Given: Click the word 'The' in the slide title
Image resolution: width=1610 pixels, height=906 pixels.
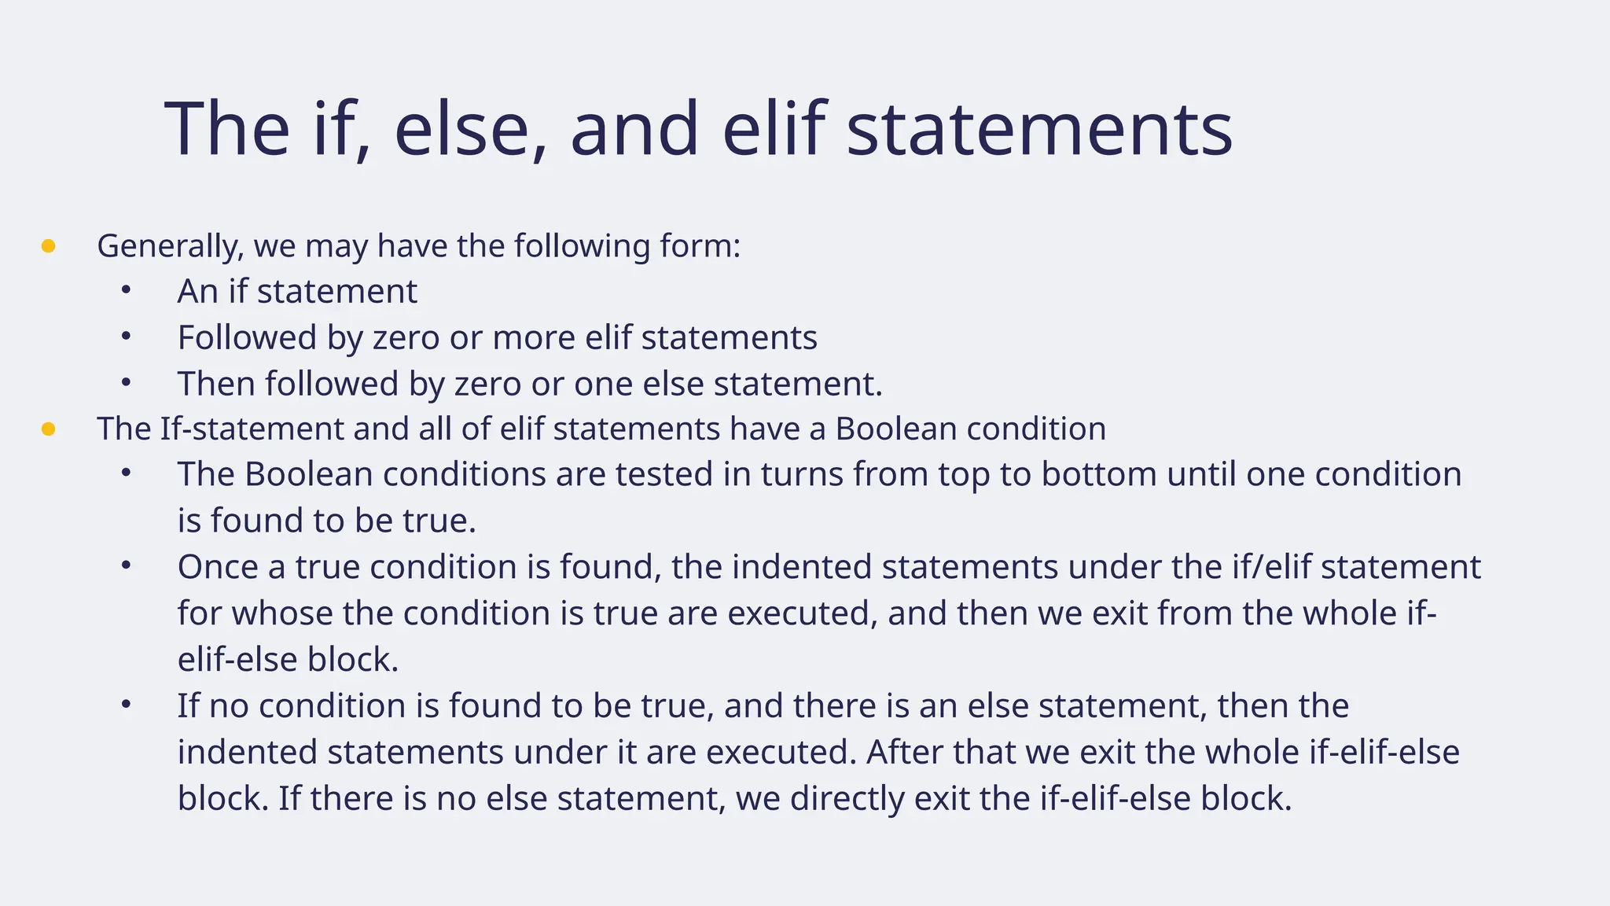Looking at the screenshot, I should [227, 129].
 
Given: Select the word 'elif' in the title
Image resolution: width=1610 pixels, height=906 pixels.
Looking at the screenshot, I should [774, 129].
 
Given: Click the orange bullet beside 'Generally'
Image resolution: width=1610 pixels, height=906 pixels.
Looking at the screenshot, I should [48, 247].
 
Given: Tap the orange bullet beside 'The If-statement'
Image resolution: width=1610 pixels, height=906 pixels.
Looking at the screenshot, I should [48, 429].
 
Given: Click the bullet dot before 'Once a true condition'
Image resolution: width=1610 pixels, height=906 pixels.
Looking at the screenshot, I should [126, 565].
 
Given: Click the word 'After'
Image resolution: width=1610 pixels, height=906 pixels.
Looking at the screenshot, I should [905, 752].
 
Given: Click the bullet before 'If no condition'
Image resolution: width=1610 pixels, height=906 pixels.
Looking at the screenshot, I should [126, 705].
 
